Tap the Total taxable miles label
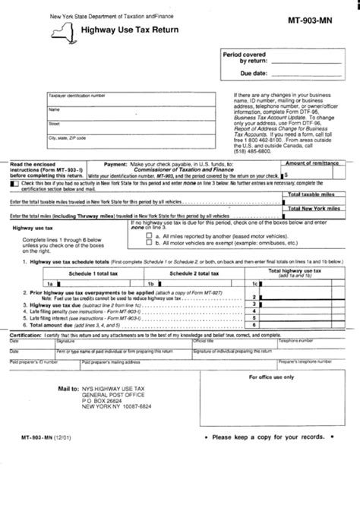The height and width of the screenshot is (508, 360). [315, 194]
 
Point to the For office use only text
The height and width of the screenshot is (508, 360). [297, 377]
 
